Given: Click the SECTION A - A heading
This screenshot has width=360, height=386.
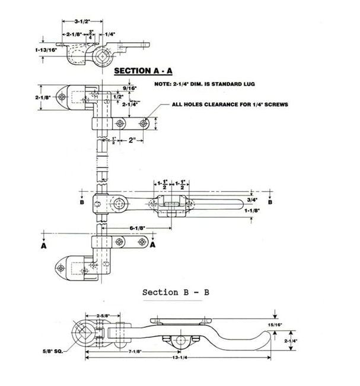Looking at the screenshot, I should tap(143, 71).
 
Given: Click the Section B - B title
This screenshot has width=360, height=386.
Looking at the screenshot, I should tap(176, 292).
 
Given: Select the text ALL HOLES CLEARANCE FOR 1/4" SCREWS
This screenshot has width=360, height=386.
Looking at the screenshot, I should tap(222, 105).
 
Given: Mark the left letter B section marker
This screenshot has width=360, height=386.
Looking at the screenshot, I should tap(81, 202).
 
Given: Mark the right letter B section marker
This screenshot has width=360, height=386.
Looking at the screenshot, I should tap(270, 202).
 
